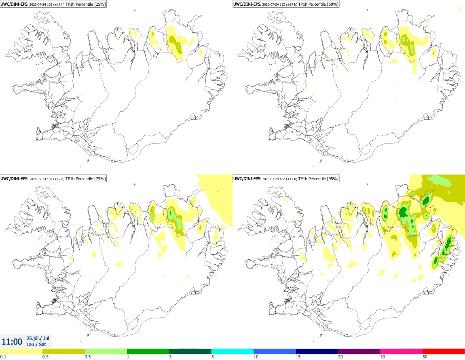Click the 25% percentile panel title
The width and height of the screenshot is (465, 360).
[x=53, y=4]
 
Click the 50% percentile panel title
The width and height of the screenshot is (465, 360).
[x=286, y=4]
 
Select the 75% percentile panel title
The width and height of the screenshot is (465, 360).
[x=53, y=179]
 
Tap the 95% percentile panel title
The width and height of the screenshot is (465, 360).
[x=286, y=179]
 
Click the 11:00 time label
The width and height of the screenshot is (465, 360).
[x=12, y=342]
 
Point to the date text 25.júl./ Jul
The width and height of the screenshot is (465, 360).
[x=38, y=338]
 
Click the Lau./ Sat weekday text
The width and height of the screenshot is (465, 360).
[x=36, y=344]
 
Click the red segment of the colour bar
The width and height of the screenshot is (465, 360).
[x=444, y=352]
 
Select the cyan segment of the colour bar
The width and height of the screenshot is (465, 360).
[x=232, y=352]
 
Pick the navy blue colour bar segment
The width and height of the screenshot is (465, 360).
[x=317, y=352]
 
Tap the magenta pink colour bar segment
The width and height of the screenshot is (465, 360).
[x=401, y=352]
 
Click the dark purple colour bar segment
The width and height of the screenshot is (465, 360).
[x=359, y=352]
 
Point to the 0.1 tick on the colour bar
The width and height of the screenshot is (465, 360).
[x=3, y=357]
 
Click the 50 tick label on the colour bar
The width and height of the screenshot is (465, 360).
[x=425, y=357]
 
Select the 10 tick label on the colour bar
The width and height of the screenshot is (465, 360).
[x=256, y=357]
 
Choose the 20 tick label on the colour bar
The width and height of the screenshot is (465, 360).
[x=340, y=357]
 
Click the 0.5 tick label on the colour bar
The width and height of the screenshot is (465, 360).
[x=88, y=357]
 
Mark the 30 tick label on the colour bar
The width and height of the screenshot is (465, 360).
[x=383, y=357]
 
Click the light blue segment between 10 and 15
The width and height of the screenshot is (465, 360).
[x=275, y=352]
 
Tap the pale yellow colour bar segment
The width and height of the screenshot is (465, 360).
[x=21, y=352]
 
